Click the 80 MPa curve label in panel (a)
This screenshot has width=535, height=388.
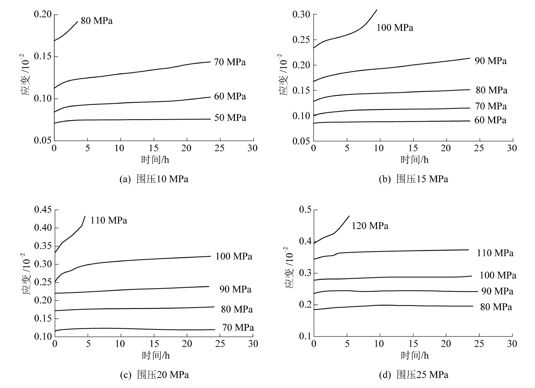[97, 21]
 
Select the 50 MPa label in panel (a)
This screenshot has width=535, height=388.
[230, 118]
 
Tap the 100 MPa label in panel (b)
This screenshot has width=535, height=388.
[395, 28]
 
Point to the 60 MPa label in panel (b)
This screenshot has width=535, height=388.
[490, 120]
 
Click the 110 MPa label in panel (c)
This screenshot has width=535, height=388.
[109, 221]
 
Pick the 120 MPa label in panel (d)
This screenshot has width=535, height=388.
[370, 226]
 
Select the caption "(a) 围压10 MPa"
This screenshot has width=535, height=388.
[154, 179]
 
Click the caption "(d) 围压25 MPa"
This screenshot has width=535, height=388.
[414, 375]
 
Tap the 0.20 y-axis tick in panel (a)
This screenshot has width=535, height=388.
[42, 14]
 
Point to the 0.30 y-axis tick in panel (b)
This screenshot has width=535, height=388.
[302, 14]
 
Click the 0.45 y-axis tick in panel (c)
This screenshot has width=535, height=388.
[42, 210]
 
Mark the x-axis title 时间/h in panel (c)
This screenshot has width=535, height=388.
[156, 355]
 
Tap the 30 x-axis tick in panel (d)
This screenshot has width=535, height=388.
[512, 343]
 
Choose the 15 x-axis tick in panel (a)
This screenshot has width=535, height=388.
[153, 148]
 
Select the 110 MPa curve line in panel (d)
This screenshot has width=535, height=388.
[406, 251]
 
